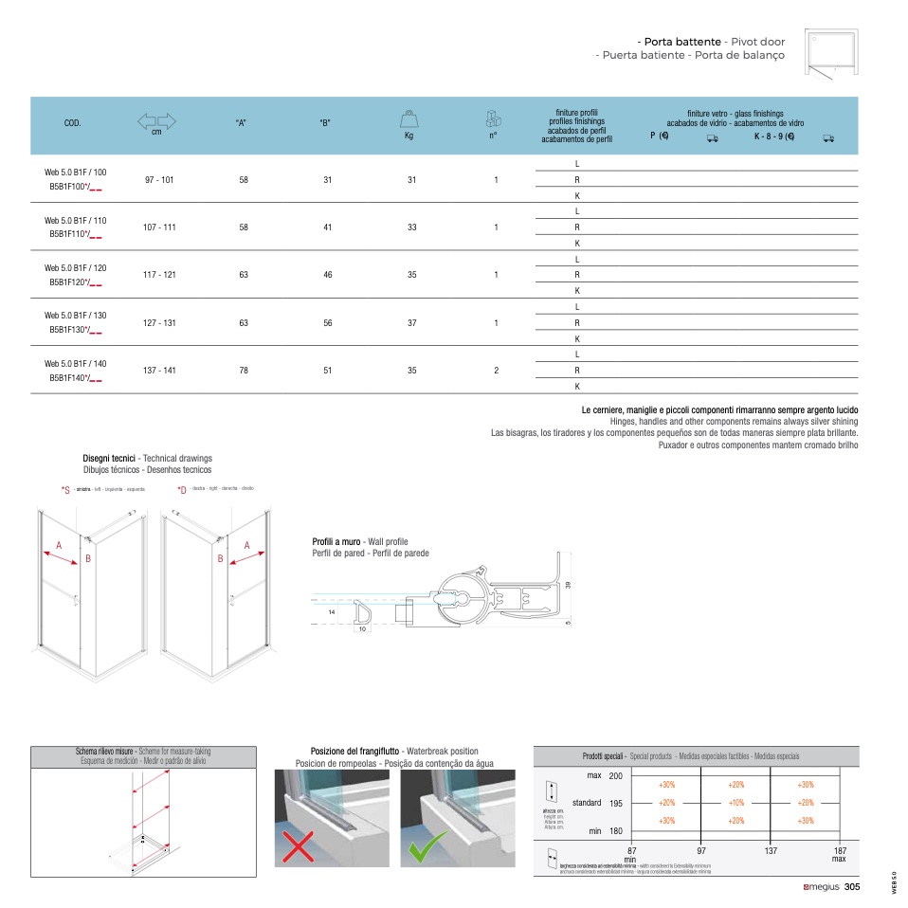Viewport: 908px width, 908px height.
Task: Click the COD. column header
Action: tap(72, 124)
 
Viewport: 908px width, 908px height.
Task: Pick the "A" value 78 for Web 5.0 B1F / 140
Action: tap(244, 371)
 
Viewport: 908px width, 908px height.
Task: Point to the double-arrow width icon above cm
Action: tap(157, 120)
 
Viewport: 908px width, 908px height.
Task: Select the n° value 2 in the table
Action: tap(496, 371)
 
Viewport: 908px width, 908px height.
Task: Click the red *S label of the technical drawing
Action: tap(65, 490)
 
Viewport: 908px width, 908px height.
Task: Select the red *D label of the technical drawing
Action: tap(182, 490)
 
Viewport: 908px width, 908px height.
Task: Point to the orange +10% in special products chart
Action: tap(736, 803)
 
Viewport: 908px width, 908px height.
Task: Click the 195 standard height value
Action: tap(616, 803)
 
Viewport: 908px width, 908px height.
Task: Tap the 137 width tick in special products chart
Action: tap(771, 851)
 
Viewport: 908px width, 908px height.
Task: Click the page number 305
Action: tap(851, 887)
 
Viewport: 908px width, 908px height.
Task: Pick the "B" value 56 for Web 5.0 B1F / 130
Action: tap(327, 322)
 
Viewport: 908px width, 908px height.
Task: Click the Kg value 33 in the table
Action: tap(411, 227)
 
